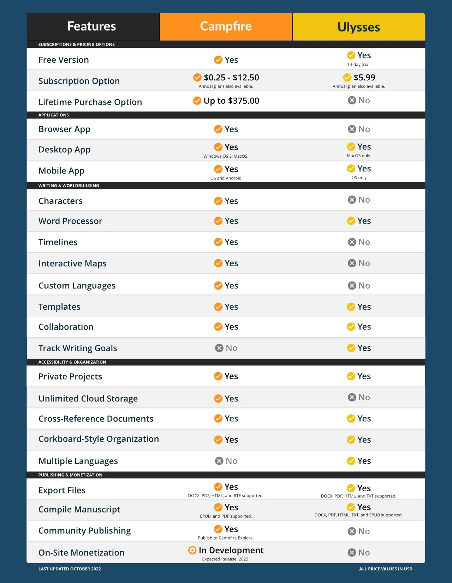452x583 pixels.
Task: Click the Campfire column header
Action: tap(226, 26)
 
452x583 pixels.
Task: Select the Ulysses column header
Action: tap(358, 27)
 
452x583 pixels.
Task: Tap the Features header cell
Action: tap(92, 26)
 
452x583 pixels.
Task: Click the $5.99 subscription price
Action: tap(364, 78)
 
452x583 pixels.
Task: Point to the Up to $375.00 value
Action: tap(231, 101)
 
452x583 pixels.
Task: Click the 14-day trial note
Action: tap(359, 65)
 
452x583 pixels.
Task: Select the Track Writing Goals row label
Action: tap(78, 348)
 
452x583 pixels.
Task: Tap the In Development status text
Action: tap(231, 550)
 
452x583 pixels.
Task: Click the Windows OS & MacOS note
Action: tap(226, 156)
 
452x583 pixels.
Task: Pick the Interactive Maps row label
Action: tap(72, 264)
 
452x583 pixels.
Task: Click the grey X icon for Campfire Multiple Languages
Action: tap(219, 461)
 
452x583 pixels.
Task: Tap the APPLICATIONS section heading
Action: tap(54, 115)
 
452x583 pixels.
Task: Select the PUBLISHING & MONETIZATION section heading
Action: tap(70, 475)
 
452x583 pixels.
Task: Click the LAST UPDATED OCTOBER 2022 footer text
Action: tap(70, 569)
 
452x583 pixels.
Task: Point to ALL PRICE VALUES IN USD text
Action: tap(386, 569)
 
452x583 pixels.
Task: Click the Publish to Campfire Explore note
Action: tap(226, 538)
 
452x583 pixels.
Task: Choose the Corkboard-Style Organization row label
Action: tap(99, 439)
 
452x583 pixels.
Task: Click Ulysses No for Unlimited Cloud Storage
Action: tap(364, 397)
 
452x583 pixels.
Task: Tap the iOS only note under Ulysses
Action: tap(359, 178)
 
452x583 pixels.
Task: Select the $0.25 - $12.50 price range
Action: tap(231, 78)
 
